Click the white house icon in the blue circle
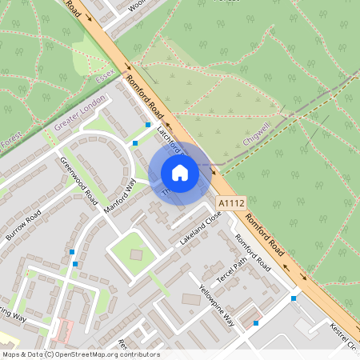coord(180,173)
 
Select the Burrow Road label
coord(22,227)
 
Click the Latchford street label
coord(170,138)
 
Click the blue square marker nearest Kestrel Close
coord(294,298)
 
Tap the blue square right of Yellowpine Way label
coord(256,323)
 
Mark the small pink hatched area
coord(62,329)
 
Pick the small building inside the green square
coord(136,254)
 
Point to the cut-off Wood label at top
coord(137,4)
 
